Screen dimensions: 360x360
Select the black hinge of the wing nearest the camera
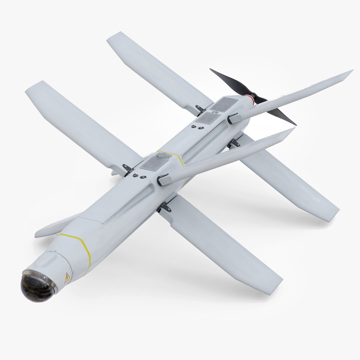(164, 208)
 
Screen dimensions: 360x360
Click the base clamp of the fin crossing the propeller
(233, 118)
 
